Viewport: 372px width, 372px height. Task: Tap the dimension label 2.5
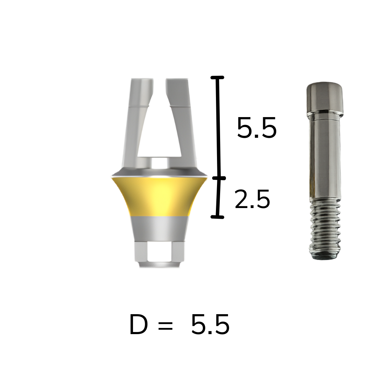(x=252, y=199)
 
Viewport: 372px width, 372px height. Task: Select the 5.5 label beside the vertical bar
(x=257, y=128)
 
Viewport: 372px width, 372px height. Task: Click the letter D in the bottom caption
(x=138, y=324)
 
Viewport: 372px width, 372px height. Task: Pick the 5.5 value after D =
(x=210, y=324)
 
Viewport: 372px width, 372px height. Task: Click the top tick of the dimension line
(x=217, y=77)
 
